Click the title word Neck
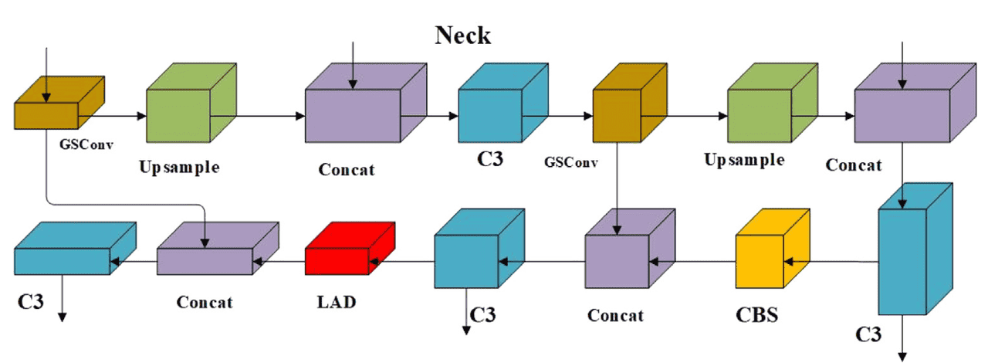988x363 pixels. (x=462, y=36)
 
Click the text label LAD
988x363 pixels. (x=337, y=301)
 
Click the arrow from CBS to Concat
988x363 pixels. (x=692, y=261)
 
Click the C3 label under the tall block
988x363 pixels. (x=870, y=334)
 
